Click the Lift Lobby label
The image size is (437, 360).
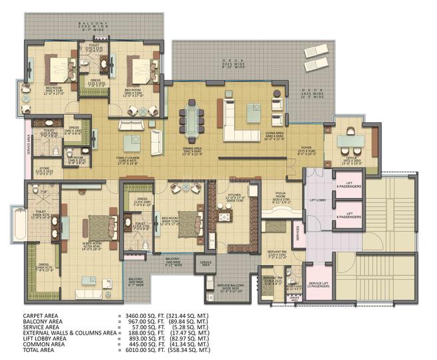click(x=317, y=200)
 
